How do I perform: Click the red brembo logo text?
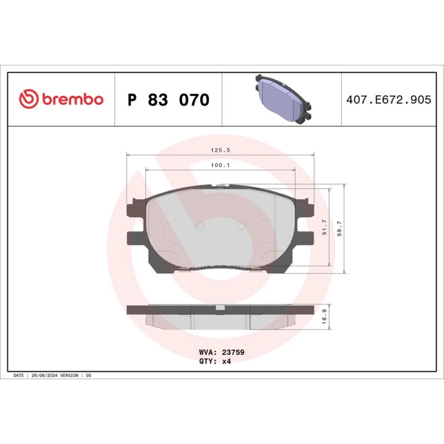pyautogui.click(x=73, y=99)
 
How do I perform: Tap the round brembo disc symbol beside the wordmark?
pyautogui.click(x=28, y=99)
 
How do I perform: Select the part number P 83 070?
pyautogui.click(x=168, y=99)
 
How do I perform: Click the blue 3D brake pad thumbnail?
pyautogui.click(x=283, y=99)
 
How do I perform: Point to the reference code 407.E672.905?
pyautogui.click(x=388, y=99)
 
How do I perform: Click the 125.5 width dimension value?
pyautogui.click(x=221, y=151)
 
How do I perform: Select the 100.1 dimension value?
pyautogui.click(x=220, y=165)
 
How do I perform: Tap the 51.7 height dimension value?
pyautogui.click(x=325, y=227)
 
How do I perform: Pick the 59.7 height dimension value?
pyautogui.click(x=340, y=229)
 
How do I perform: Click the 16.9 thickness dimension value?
pyautogui.click(x=325, y=316)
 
